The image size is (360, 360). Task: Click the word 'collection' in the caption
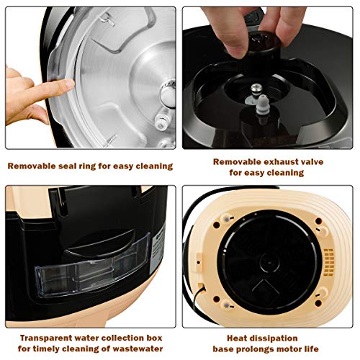pos(122,337)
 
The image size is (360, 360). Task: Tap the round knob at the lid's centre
pos(166,94)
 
